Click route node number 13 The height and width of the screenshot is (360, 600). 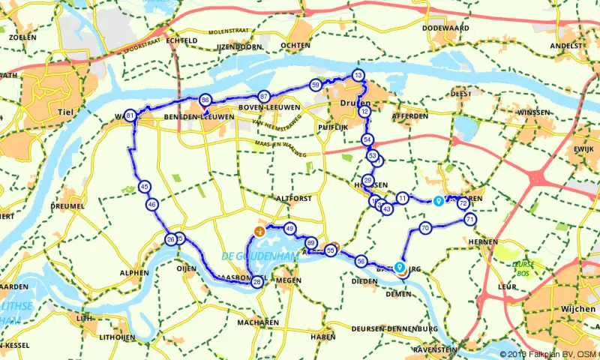click(358, 76)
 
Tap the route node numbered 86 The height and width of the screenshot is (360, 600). click(205, 100)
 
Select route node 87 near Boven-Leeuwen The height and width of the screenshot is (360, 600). click(263, 97)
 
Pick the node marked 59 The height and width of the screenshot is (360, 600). click(315, 85)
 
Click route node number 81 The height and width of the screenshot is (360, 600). click(131, 115)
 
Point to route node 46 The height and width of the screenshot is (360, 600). click(152, 204)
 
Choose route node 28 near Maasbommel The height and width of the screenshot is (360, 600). click(257, 282)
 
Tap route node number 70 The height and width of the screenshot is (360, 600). click(425, 228)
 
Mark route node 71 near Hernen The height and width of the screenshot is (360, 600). click(469, 219)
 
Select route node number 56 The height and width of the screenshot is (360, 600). click(361, 262)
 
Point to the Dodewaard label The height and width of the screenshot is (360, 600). click(445, 28)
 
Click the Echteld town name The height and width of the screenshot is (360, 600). click(181, 40)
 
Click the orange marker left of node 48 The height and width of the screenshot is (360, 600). click(260, 231)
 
